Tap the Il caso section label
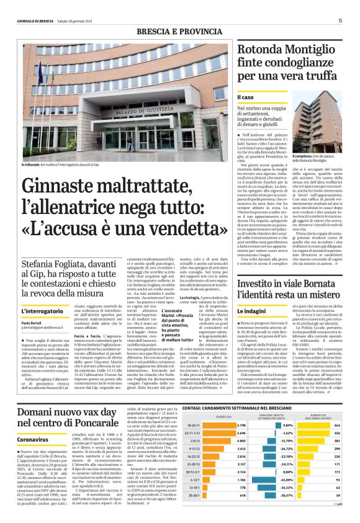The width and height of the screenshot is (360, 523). point(246,97)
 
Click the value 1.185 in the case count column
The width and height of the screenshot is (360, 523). point(241,480)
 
